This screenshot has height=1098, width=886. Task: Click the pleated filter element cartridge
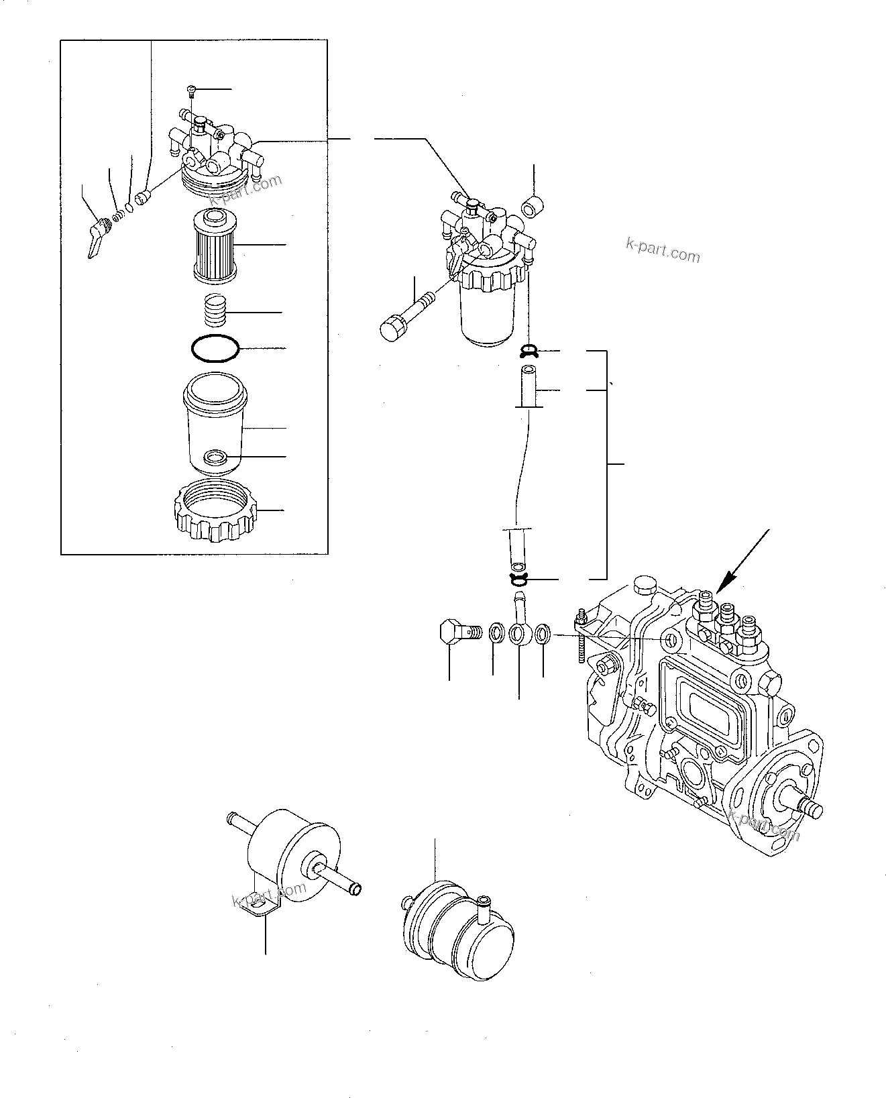point(213,245)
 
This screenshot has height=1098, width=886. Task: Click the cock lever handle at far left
point(96,239)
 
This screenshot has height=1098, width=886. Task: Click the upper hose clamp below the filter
point(530,350)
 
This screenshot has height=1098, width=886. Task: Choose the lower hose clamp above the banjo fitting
point(520,578)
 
